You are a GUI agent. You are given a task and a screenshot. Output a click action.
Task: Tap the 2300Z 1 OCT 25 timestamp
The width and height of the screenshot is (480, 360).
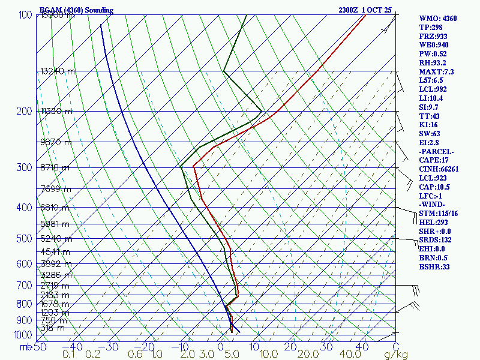pyautogui.click(x=365, y=10)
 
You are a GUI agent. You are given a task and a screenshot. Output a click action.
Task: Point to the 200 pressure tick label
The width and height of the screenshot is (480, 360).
pyautogui.click(x=25, y=112)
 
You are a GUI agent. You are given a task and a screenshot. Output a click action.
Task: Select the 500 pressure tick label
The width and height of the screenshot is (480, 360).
pyautogui.click(x=25, y=239)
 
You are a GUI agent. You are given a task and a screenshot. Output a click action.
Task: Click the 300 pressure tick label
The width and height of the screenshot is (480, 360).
pyautogui.click(x=25, y=167)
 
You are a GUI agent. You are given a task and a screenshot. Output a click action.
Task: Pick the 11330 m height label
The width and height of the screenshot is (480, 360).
pyautogui.click(x=56, y=111)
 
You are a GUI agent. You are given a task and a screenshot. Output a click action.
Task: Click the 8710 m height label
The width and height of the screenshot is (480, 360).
pyautogui.click(x=55, y=167)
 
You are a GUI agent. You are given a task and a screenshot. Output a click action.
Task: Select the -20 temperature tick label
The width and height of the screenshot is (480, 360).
pyautogui.click(x=143, y=347)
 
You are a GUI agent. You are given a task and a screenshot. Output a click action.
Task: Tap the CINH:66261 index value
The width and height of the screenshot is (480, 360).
pyautogui.click(x=439, y=169)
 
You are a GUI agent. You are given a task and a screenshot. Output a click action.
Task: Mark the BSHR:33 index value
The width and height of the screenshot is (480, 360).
pyautogui.click(x=434, y=267)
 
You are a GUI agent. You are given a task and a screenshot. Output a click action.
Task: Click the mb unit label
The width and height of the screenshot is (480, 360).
pyautogui.click(x=25, y=347)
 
